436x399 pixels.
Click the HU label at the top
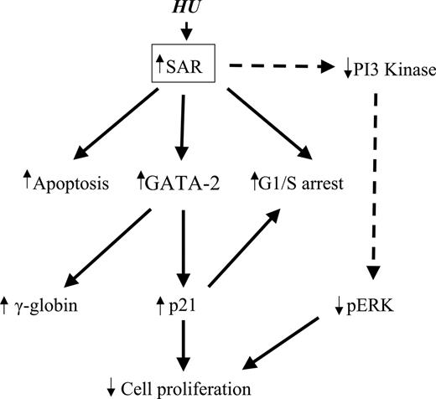(x=186, y=9)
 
